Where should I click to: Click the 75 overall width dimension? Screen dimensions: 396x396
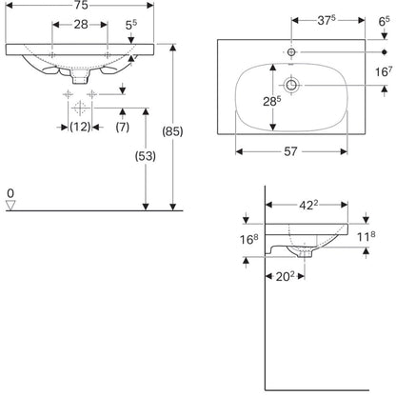82,6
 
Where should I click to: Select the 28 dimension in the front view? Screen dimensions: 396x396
81,25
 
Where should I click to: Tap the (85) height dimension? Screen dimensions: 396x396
172,131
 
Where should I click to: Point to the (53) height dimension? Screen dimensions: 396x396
146,156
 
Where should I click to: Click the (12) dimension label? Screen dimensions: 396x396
80,127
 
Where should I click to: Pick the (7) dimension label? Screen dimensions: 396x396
123,127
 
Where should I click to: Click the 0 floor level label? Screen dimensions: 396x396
10,193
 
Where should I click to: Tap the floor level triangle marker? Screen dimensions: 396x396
10,205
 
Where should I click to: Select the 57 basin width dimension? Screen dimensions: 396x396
290,151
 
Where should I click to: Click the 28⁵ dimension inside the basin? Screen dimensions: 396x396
272,101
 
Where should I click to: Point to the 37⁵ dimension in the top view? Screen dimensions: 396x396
327,20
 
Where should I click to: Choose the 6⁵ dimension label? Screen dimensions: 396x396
384,22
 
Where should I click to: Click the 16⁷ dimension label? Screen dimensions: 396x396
384,71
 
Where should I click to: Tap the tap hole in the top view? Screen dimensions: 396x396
291,51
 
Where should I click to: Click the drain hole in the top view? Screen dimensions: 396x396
291,85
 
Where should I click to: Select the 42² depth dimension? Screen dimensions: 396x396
308,206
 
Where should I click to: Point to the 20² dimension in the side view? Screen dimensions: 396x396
285,277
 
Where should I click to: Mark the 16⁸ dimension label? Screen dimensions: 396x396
249,239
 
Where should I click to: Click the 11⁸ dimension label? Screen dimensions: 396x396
366,236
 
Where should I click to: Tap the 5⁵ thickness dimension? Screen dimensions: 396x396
131,25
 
